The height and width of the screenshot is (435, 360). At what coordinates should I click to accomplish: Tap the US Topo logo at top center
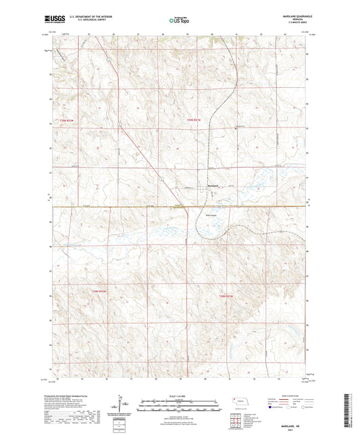pos(179,20)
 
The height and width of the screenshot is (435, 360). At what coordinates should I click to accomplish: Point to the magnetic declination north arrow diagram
pos(126,406)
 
